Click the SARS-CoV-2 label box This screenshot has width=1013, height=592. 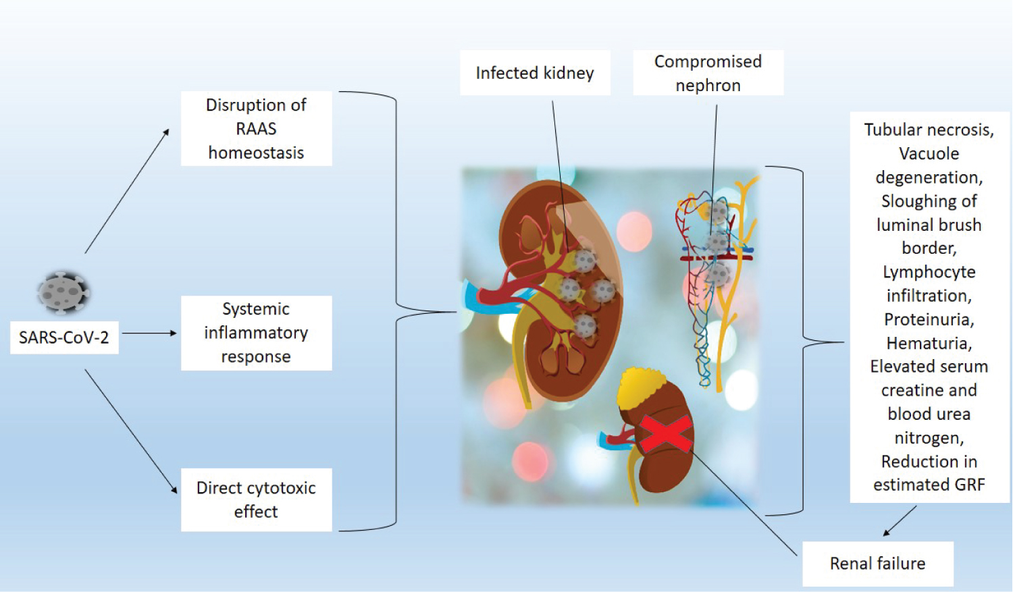point(64,338)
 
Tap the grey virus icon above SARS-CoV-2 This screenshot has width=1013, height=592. point(62,292)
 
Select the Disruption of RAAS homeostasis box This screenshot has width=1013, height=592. point(256,128)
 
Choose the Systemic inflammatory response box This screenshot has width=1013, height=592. point(256,333)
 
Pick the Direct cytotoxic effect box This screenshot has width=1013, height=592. point(256,500)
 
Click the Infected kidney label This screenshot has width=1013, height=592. point(535,73)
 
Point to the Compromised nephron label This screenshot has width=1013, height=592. point(708,73)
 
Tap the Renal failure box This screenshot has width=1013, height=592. point(877,564)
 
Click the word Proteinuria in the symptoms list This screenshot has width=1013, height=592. point(929,319)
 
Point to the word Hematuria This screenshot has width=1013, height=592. point(929,344)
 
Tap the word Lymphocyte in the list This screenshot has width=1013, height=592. point(929,272)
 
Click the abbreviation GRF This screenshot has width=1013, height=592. point(968,485)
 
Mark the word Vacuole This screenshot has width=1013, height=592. point(929,154)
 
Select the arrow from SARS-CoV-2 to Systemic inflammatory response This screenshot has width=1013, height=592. point(149,333)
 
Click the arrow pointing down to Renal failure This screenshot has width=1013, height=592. point(900,521)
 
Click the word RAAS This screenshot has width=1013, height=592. point(256,129)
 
